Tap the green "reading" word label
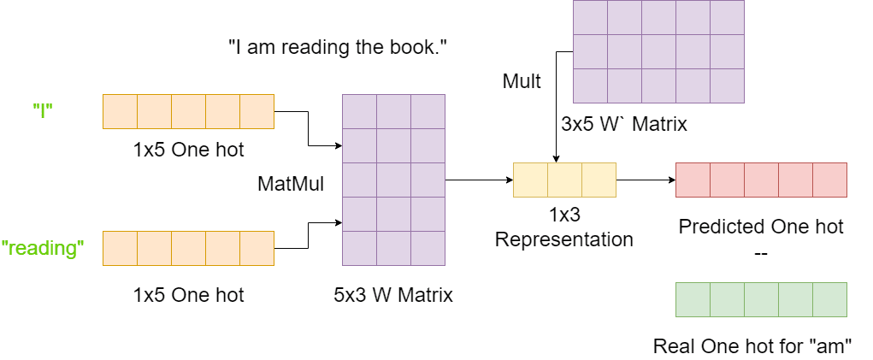coord(43,248)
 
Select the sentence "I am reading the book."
coord(338,48)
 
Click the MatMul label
coord(291,183)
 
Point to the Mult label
coord(522,81)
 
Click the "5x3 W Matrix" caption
coord(393,296)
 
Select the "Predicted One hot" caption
coord(761,227)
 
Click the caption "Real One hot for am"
coord(752,346)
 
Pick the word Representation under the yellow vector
coord(564,239)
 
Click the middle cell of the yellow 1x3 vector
coord(564,180)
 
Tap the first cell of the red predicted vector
coord(693,180)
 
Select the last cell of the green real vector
coord(829,299)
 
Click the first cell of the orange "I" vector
coord(120,111)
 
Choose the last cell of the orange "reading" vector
coord(257,248)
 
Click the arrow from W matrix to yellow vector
coord(479,180)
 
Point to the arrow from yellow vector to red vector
coord(646,180)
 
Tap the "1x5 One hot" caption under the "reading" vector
coord(188,296)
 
